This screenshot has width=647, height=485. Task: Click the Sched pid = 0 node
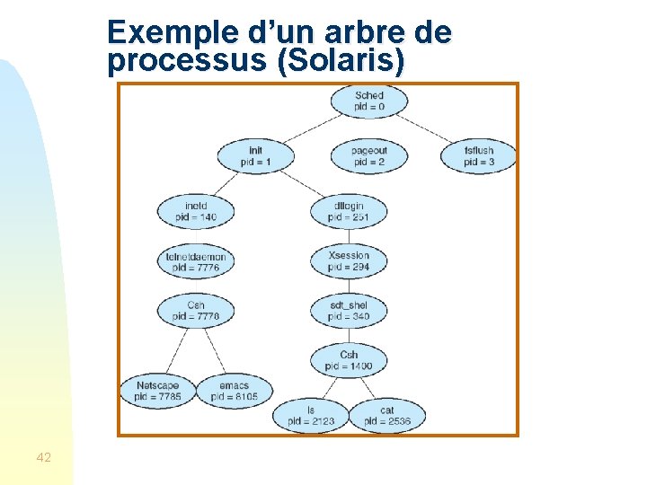pos(368,101)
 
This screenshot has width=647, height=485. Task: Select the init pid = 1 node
pos(255,156)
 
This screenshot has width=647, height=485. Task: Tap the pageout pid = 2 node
pos(368,156)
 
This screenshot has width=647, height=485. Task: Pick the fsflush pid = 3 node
pos(479,156)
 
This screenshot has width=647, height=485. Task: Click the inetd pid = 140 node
pos(195,211)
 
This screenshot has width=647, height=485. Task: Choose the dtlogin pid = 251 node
pos(349,211)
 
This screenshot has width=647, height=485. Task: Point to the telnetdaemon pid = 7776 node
pos(196,261)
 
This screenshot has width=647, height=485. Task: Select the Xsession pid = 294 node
pos(349,261)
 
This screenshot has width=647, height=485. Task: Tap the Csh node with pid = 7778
pos(196,311)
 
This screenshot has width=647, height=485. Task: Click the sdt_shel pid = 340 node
pos(349,311)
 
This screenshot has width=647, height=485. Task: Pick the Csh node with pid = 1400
pos(349,360)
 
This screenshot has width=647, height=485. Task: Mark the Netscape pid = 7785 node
pos(157,391)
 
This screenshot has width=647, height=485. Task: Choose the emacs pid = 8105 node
pos(234,391)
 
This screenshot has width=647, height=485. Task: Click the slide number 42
pos(43,458)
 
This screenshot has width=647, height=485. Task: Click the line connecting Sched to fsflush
pos(427,128)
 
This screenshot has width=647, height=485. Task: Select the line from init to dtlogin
pos(302,183)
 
